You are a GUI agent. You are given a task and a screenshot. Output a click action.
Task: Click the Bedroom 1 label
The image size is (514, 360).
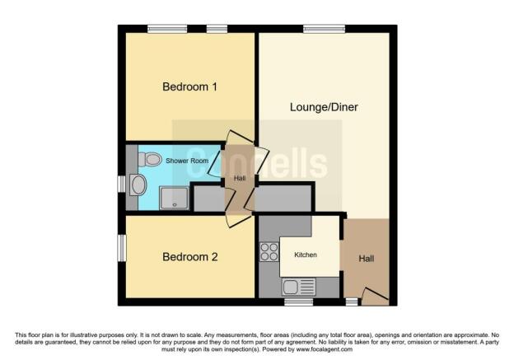(x=189, y=86)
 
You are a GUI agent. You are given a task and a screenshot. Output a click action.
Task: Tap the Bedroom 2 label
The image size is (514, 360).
(x=189, y=257)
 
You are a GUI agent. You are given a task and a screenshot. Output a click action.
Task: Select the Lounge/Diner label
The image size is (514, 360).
(x=324, y=107)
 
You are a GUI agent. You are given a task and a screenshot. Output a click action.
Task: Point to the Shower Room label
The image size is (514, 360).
(x=188, y=160)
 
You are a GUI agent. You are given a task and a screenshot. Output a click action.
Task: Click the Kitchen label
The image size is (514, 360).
(x=306, y=255)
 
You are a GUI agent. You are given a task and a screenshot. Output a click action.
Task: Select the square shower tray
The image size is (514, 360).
(x=175, y=196)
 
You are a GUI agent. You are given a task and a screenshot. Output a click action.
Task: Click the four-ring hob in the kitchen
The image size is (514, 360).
(x=269, y=252)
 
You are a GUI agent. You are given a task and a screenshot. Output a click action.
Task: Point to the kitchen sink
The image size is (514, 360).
(x=290, y=288)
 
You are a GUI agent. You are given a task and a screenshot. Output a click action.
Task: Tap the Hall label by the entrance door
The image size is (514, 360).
(x=367, y=259)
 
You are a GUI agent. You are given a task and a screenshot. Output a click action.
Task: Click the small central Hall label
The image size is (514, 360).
(x=240, y=179)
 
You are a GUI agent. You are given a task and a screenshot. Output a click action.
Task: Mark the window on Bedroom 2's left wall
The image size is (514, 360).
(x=121, y=247)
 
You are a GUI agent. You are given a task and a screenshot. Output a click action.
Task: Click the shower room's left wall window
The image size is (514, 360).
(x=121, y=183)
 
